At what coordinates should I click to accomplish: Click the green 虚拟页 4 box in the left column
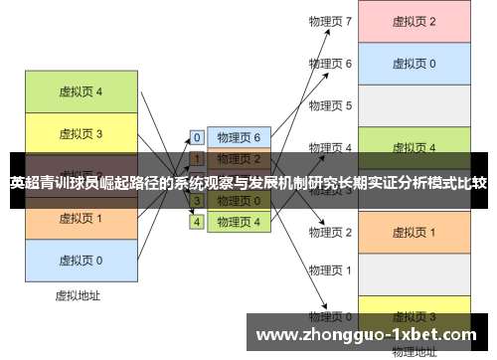point(81,92)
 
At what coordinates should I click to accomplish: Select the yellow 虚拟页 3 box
point(81,132)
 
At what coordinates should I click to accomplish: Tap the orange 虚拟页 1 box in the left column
point(81,218)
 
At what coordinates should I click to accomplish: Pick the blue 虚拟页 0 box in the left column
point(81,260)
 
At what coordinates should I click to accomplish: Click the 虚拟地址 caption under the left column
point(81,295)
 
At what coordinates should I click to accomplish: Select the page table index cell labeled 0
point(197,137)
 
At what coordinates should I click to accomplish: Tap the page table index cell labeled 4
point(197,222)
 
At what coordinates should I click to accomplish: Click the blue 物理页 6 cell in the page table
point(239,137)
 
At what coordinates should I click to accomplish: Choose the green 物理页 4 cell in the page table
point(239,222)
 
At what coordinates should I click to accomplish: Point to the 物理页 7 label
point(330,21)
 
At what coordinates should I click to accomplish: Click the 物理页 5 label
point(330,105)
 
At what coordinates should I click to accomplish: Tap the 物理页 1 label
point(330,270)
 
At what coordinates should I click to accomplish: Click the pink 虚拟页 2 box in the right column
point(414,21)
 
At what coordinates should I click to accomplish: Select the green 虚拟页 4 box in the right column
point(414,147)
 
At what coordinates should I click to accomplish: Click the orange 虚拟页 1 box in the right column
point(414,232)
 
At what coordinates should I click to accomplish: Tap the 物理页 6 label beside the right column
point(330,63)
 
